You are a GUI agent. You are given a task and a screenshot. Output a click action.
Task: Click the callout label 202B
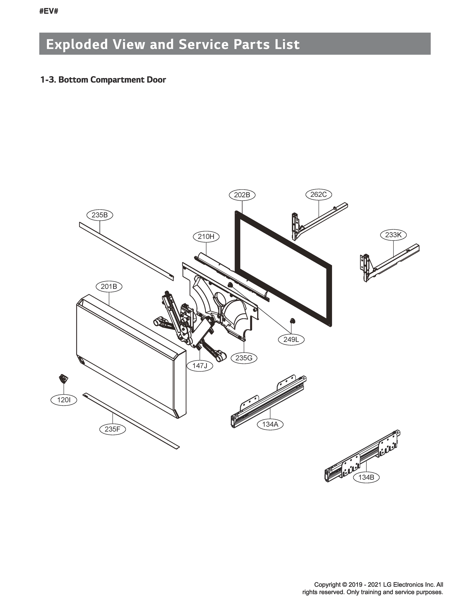(242, 195)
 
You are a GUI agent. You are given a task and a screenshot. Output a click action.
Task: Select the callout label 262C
(319, 194)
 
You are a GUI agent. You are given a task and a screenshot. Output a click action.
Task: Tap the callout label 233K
(393, 235)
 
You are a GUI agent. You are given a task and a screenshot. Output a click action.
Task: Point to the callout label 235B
(100, 215)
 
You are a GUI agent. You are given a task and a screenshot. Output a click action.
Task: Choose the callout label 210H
(206, 236)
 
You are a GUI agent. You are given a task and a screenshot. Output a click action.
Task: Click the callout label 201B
(109, 287)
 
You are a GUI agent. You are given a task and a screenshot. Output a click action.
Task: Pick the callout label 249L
(291, 340)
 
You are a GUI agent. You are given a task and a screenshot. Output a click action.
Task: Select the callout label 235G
(244, 358)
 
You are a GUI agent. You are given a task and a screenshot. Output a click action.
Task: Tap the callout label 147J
(199, 366)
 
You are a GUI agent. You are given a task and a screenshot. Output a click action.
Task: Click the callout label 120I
(64, 400)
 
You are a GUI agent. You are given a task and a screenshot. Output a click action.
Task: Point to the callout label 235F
(112, 429)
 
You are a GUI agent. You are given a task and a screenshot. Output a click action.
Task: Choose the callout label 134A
(270, 424)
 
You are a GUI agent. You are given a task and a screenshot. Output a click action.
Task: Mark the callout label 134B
(366, 477)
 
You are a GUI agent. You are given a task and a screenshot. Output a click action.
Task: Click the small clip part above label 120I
(63, 379)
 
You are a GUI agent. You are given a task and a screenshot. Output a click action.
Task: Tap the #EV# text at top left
(49, 12)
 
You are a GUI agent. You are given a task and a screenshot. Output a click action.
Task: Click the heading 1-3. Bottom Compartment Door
(103, 80)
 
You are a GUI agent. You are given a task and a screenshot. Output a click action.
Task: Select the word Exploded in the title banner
(77, 44)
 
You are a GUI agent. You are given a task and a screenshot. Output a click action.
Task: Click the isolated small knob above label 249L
(292, 321)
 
